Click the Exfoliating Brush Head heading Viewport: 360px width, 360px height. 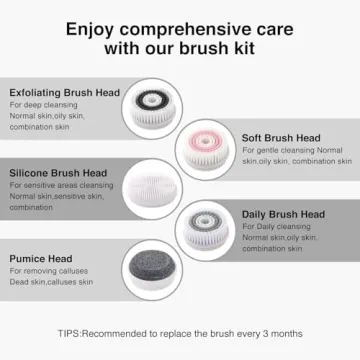coord(65,92)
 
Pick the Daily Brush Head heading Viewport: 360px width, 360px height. coord(282,213)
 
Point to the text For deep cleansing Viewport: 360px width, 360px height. coord(44,105)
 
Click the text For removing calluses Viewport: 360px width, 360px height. coord(49,271)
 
